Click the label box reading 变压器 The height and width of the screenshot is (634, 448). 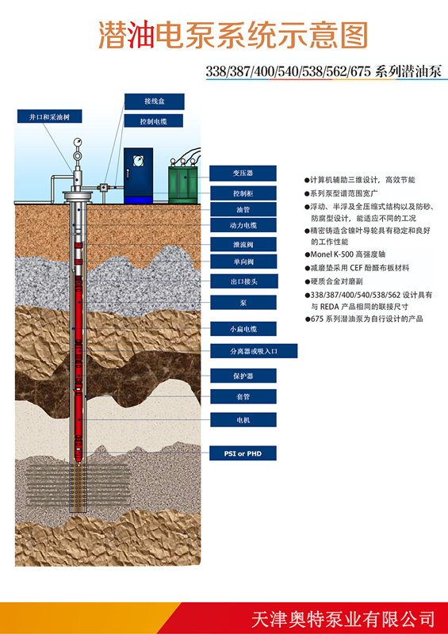point(243,173)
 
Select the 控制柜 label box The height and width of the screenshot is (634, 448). point(243,193)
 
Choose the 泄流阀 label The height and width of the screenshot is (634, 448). point(243,243)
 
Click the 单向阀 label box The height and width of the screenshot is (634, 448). point(243,262)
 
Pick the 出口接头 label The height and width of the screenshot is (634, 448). point(243,281)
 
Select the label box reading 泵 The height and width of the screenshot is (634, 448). point(243,302)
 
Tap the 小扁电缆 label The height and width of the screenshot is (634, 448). point(243,328)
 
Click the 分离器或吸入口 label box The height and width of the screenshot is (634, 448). point(253,350)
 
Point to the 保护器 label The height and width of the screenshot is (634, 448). point(243,375)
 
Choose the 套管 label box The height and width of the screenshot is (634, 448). point(243,395)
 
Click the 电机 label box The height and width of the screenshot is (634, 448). point(243,419)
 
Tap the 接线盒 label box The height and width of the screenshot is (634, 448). point(154,101)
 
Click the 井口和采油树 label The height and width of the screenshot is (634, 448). point(49,116)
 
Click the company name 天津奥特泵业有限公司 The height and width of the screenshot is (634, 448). point(343,617)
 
